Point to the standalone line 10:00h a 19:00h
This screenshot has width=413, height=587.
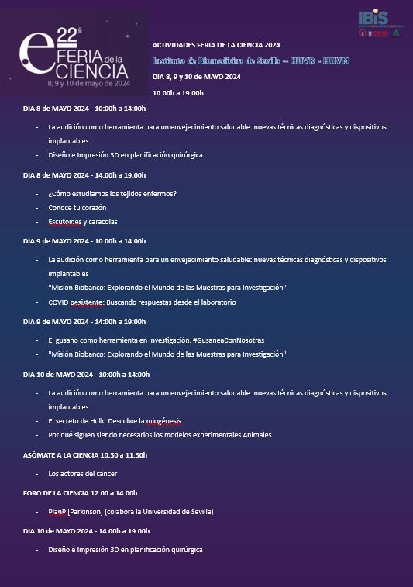[178, 93]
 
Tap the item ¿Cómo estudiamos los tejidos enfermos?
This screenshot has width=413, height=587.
[112, 194]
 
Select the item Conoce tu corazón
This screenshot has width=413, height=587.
[77, 208]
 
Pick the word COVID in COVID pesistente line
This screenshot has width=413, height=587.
[58, 302]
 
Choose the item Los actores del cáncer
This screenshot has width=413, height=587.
[83, 473]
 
